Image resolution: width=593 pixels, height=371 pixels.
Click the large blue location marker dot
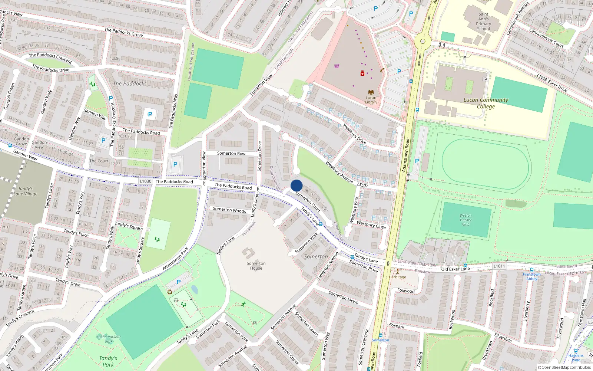point(296,185)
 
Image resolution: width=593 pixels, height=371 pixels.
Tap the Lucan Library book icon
point(371,92)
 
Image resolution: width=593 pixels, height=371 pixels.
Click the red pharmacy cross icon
point(362,73)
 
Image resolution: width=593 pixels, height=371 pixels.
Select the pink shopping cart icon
point(337,66)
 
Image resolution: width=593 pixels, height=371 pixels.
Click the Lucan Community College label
point(486,103)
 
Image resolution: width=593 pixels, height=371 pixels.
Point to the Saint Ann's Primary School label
point(483,22)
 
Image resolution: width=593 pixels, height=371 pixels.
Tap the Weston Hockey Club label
point(466,220)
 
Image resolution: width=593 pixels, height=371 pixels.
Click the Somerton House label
point(256,266)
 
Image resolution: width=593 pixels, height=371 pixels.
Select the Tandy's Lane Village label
point(25,191)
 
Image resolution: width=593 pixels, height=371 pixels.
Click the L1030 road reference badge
point(146,181)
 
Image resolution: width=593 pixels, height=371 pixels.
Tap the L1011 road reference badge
point(499,266)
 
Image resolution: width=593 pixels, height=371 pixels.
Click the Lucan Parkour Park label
point(109,339)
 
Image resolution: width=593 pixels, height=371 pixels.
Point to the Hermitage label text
point(397,277)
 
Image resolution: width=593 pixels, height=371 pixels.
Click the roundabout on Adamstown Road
point(422,41)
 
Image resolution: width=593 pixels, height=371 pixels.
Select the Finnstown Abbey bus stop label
point(531,276)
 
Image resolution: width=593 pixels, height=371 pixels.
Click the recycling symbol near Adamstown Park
point(170,292)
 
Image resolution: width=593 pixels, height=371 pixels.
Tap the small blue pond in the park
point(194,289)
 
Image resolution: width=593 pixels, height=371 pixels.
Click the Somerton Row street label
point(231,153)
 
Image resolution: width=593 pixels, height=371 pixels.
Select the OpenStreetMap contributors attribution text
point(564,367)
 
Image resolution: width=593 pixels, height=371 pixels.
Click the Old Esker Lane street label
point(455,269)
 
